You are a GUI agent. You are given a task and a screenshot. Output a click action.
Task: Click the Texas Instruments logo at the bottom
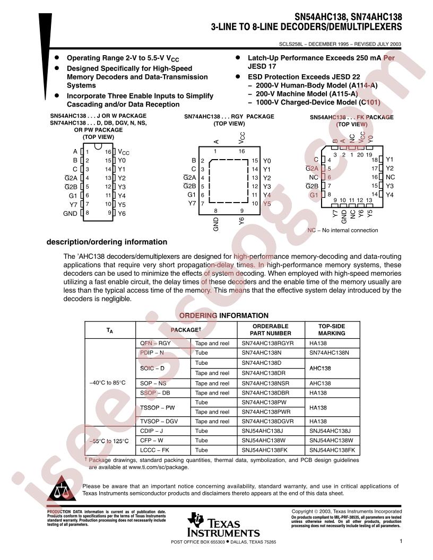pos(223,524)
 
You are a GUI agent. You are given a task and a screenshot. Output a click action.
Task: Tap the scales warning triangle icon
pos(62,488)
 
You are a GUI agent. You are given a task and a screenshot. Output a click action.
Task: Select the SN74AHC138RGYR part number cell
pos(267,343)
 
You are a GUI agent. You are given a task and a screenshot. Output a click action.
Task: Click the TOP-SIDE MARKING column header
pos(332,330)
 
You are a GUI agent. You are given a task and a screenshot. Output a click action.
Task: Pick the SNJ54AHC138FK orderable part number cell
pos(264,450)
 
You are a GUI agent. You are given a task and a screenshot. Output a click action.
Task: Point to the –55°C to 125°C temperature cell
pos(109,441)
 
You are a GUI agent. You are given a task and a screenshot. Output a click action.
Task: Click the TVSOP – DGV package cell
pos(159,422)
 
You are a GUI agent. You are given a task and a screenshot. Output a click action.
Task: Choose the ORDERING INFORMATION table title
pos(223,316)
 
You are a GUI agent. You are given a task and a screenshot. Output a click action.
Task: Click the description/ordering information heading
pos(107,242)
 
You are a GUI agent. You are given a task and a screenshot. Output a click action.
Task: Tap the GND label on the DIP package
pos(70,214)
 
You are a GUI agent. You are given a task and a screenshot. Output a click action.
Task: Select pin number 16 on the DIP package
pos(108,152)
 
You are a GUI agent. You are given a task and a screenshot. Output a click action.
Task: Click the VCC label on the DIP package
pos(124,152)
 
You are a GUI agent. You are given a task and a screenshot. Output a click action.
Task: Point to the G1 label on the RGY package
pos(192,195)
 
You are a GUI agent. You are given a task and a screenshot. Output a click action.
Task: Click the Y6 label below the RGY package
pos(241,221)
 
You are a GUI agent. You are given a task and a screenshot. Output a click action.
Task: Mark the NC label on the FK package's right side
pos(390,177)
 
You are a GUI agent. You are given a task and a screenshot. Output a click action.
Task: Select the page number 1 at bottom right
pos(401,541)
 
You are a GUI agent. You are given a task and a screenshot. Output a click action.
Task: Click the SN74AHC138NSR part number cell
pos(265,383)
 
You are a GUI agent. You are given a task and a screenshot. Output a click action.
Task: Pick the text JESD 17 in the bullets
pos(262,66)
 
